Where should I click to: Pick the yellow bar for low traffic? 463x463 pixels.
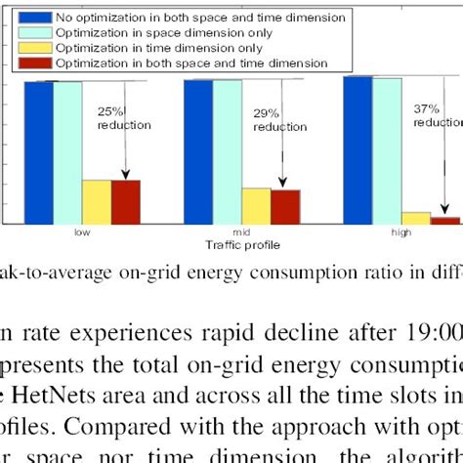pos(96,202)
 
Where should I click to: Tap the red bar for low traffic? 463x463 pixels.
pos(125,202)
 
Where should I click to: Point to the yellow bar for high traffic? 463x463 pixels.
pos(416,219)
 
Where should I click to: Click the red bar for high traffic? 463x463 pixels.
pos(445,221)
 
